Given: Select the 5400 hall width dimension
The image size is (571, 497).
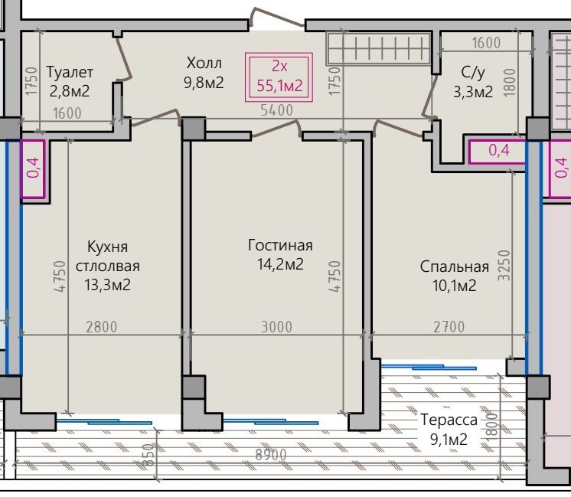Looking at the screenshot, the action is (277, 110).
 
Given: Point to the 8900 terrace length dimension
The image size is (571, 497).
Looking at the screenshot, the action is (271, 455).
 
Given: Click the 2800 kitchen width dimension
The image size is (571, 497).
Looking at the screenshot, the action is (102, 327).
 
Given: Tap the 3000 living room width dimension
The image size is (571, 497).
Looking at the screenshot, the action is (277, 327).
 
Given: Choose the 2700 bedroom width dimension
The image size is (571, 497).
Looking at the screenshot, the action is (449, 327).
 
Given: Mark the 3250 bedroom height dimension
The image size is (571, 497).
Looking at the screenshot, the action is (504, 265).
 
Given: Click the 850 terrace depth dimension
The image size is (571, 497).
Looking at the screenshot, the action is (148, 455).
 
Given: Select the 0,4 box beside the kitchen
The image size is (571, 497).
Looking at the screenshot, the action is (33, 168).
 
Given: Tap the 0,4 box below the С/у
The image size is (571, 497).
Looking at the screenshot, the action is (497, 151).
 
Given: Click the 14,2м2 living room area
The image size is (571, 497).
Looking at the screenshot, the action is (280, 264).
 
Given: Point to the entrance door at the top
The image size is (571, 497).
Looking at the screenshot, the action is (278, 18).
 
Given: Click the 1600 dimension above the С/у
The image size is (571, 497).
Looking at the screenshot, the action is (486, 43).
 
